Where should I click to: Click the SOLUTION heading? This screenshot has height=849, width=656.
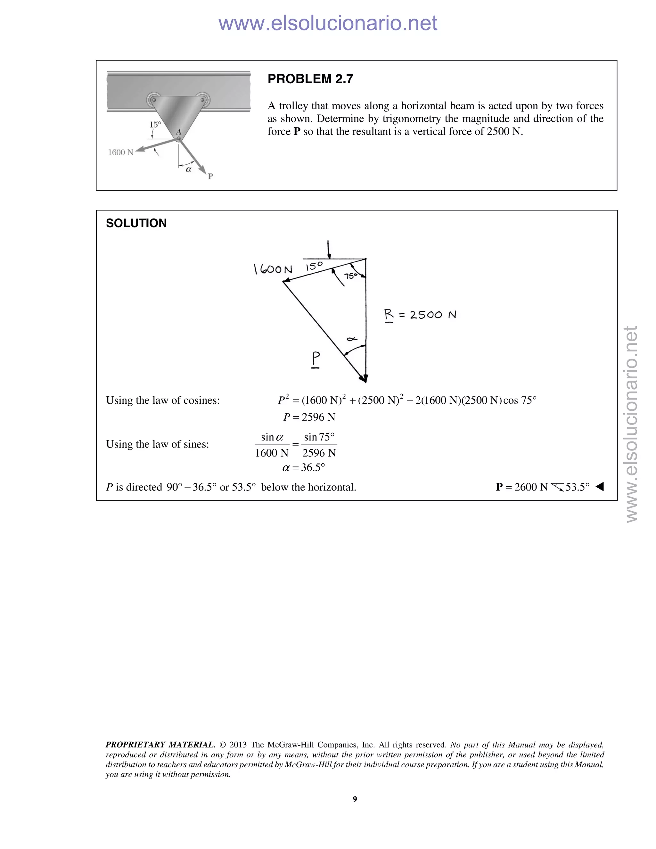pyautogui.click(x=136, y=223)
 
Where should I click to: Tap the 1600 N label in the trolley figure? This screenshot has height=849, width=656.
pyautogui.click(x=120, y=152)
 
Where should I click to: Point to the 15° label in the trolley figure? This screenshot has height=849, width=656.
pyautogui.click(x=155, y=124)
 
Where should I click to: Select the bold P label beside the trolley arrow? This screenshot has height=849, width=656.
pyautogui.click(x=210, y=176)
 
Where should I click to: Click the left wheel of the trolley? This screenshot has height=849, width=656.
pyautogui.click(x=154, y=100)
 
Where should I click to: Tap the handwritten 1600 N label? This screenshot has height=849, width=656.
pyautogui.click(x=273, y=269)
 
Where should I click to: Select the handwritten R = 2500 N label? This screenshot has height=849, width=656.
pyautogui.click(x=420, y=315)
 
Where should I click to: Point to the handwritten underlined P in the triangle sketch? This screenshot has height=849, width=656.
pyautogui.click(x=316, y=359)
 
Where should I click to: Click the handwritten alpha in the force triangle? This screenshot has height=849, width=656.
pyautogui.click(x=352, y=339)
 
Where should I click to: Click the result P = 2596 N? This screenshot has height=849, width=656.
pyautogui.click(x=309, y=417)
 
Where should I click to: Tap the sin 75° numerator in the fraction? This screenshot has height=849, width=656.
pyautogui.click(x=319, y=437)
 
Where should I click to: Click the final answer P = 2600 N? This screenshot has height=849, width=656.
pyautogui.click(x=521, y=487)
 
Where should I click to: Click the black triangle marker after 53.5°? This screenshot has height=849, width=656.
pyautogui.click(x=600, y=487)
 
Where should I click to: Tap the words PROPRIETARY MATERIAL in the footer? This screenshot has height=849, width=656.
pyautogui.click(x=160, y=745)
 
